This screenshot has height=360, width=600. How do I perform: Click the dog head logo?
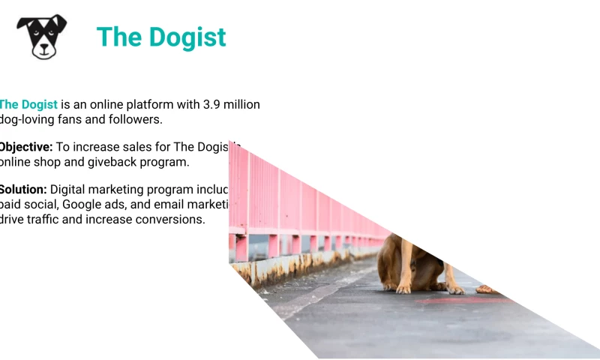(42, 36)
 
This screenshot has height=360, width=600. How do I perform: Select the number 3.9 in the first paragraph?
(214, 104)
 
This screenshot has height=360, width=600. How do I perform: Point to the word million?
(244, 104)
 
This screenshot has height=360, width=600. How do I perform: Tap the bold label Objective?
(25, 147)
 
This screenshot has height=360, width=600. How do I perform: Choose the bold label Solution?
(22, 190)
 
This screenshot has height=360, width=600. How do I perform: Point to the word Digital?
(68, 190)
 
